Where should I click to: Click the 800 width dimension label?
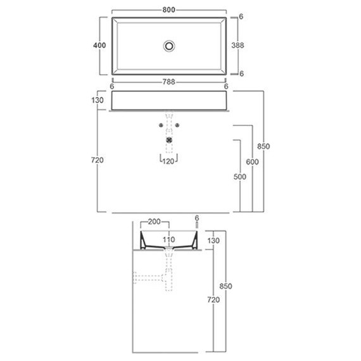coord(169,10)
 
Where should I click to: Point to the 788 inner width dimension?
coord(169,80)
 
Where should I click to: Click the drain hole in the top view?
coord(169,46)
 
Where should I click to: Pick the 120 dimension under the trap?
coord(169,162)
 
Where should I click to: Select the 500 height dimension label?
coord(239,177)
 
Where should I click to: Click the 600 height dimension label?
coord(252,162)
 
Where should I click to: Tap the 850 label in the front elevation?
coord(263,147)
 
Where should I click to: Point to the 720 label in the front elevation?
coord(97,160)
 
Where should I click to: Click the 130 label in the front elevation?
coord(97,100)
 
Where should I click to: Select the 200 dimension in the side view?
coord(154,222)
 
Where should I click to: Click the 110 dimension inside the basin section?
coord(169,240)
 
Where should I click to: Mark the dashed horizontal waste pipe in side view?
coord(148,277)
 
